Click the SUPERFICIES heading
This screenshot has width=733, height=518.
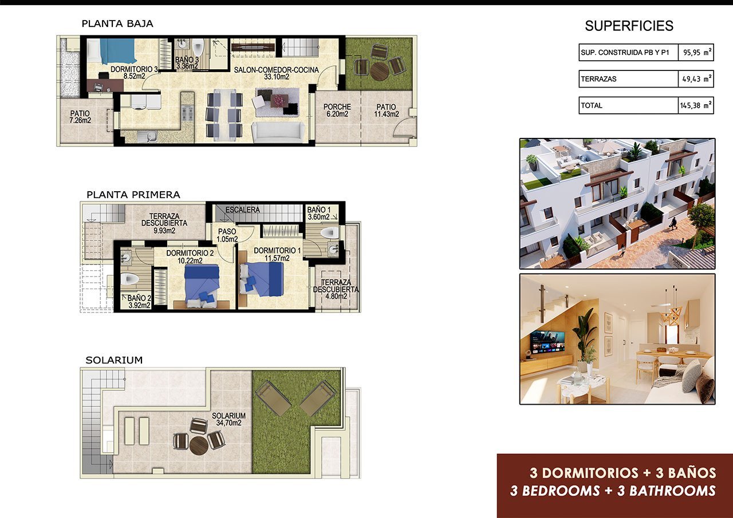click(629, 26)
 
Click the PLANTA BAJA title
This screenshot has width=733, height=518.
click(117, 24)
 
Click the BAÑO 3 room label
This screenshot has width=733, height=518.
click(187, 63)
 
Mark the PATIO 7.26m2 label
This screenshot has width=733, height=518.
click(80, 117)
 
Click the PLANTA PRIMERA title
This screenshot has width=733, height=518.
click(133, 195)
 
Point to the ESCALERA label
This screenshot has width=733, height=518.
click(242, 210)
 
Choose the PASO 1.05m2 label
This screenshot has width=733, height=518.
click(223, 235)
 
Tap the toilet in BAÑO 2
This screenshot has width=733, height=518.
click(130, 279)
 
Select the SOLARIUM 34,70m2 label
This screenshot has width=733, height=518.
click(228, 420)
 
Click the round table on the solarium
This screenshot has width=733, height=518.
click(199, 444)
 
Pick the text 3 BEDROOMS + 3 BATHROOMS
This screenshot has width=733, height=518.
click(613, 491)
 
